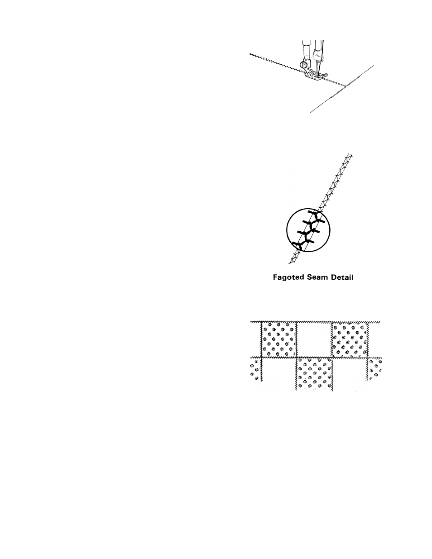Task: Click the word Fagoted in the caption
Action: point(289,277)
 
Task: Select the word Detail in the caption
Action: point(342,277)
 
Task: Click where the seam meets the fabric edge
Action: point(346,86)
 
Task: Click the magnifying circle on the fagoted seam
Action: point(309,233)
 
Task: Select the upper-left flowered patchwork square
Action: point(278,339)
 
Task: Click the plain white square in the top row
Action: point(314,339)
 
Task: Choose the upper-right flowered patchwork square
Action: point(350,339)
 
